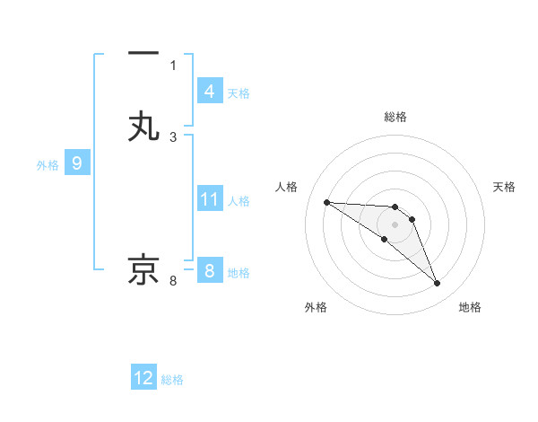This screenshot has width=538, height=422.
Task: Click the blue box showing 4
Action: click(x=209, y=92)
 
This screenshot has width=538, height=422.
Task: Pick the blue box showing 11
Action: click(x=209, y=200)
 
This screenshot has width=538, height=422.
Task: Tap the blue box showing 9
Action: click(x=77, y=164)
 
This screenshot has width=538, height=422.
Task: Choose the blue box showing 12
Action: click(x=143, y=378)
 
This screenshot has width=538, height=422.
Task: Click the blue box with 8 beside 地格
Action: click(x=209, y=271)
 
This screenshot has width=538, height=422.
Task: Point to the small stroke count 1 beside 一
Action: click(x=173, y=65)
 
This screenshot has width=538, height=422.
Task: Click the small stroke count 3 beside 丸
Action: click(x=173, y=136)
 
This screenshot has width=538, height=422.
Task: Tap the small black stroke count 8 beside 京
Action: click(x=173, y=281)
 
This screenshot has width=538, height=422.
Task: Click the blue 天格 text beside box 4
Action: click(x=239, y=92)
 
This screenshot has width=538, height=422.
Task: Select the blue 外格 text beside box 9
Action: click(x=48, y=165)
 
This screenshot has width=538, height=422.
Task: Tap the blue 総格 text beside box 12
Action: click(x=172, y=380)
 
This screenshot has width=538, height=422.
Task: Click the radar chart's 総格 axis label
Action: click(x=395, y=117)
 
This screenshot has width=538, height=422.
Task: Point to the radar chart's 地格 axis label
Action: click(x=470, y=307)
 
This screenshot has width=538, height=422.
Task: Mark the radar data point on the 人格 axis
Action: click(x=326, y=202)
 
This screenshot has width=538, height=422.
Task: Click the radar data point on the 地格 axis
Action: click(x=438, y=284)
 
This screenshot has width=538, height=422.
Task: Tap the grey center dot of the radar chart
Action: click(x=395, y=224)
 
